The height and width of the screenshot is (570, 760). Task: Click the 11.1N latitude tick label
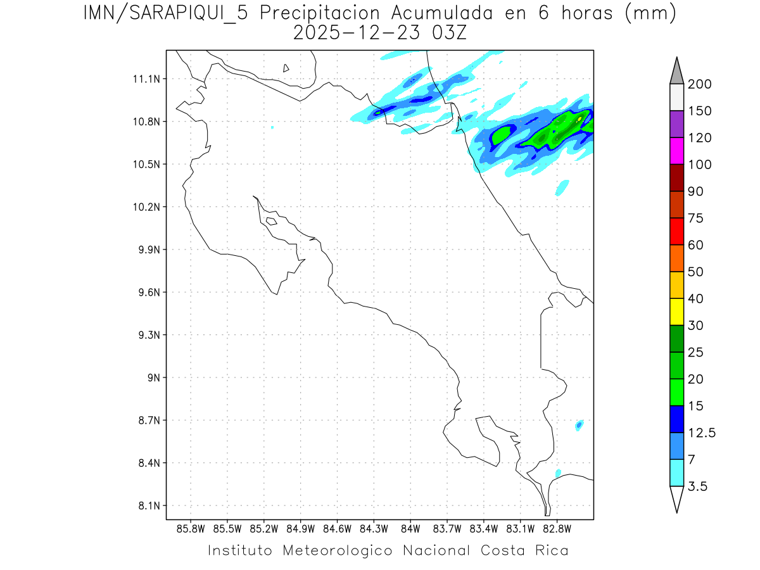(145, 79)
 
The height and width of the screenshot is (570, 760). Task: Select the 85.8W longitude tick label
(191, 528)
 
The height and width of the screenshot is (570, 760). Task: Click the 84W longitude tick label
(410, 528)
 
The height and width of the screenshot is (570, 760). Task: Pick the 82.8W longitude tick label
(557, 528)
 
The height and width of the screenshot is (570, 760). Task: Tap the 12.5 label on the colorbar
(702, 433)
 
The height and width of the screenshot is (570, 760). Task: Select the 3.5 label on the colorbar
(697, 486)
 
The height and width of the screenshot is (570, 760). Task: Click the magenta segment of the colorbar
(676, 151)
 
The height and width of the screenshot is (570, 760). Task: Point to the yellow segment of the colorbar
(676, 312)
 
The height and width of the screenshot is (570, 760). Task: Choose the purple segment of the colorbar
(676, 124)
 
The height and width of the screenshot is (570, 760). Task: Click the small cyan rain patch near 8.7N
(579, 425)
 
